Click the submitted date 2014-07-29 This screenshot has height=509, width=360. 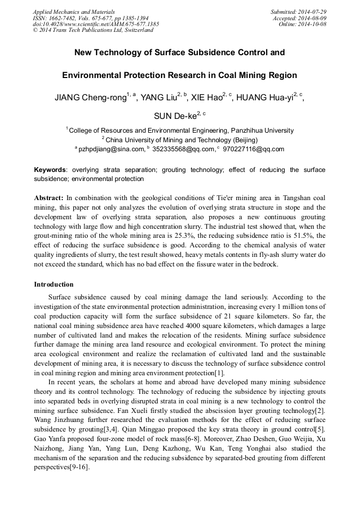(x=312, y=12)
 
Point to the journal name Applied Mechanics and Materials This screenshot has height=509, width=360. (x=73, y=12)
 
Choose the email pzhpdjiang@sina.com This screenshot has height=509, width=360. (x=112, y=149)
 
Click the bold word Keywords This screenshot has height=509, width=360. (x=50, y=170)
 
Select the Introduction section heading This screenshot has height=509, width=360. (x=54, y=284)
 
